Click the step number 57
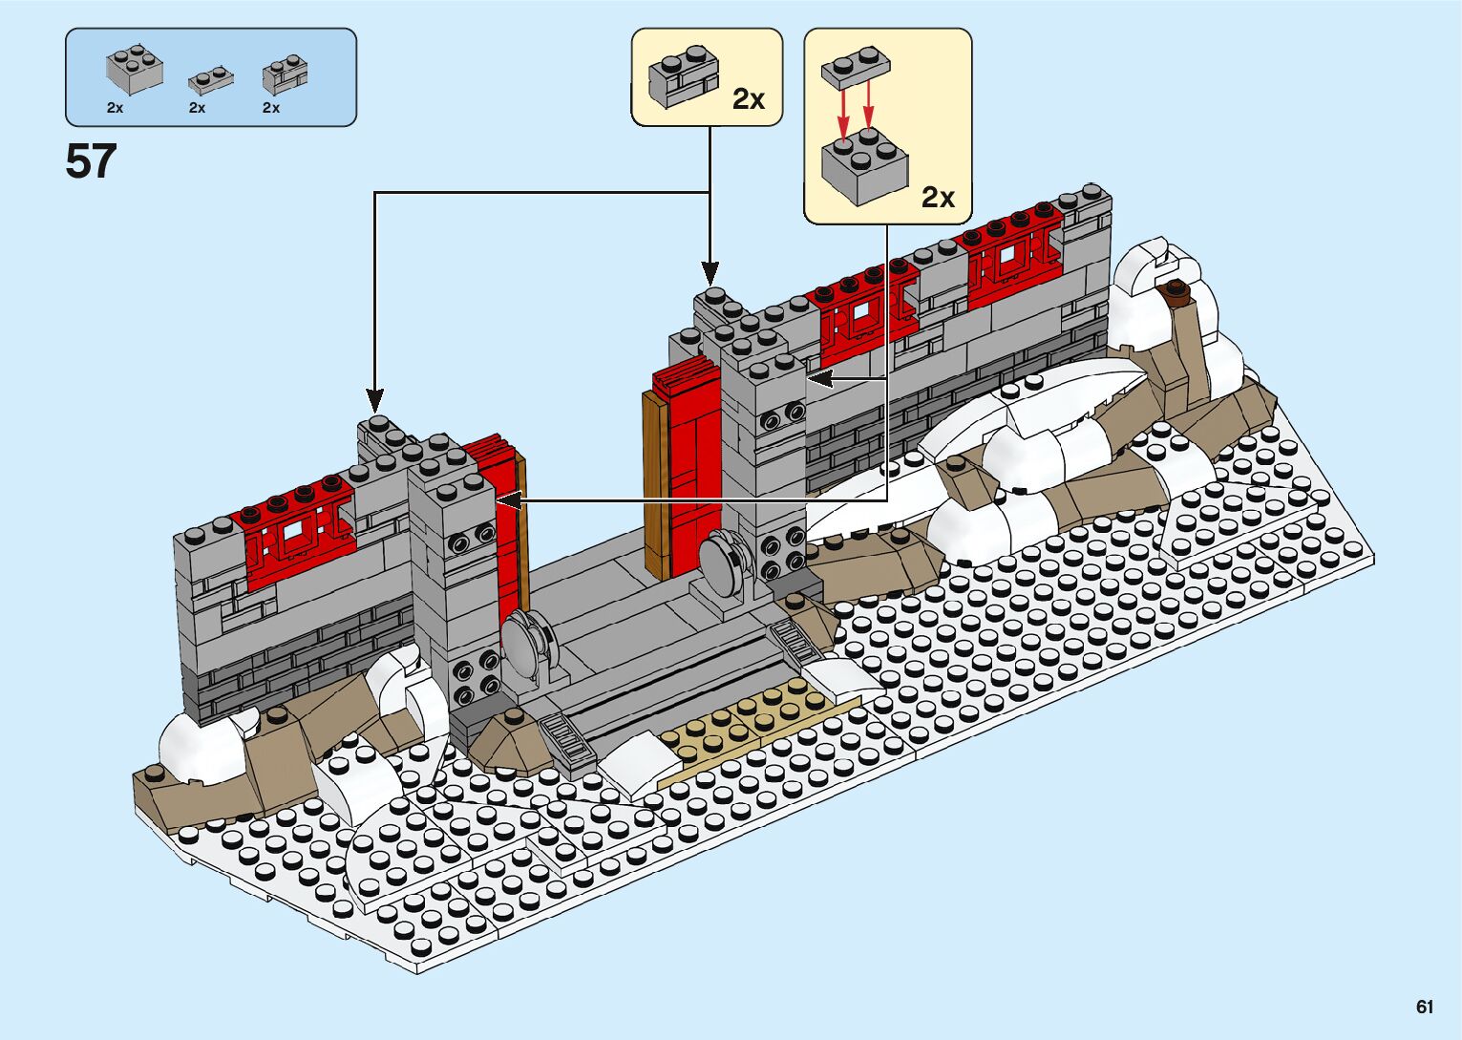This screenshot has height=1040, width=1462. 91,161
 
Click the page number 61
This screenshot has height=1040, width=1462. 1425,1007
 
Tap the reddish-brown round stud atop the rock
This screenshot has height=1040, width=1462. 1176,290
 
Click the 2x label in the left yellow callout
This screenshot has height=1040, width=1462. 749,98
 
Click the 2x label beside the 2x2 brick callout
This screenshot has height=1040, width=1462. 938,197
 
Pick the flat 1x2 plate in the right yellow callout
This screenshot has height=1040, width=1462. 856,69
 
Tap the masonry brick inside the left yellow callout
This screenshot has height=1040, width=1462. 684,74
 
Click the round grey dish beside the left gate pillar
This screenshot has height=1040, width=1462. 524,640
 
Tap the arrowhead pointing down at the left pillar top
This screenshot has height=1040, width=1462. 375,402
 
